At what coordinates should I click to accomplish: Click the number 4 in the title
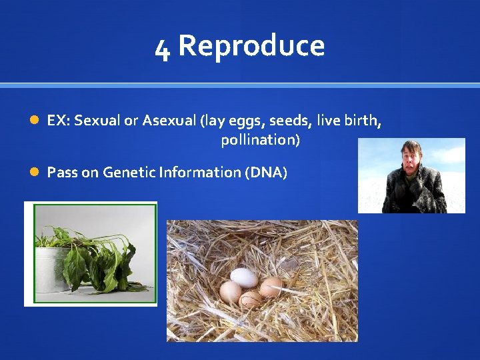(162, 48)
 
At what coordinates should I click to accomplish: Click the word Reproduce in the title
(251, 46)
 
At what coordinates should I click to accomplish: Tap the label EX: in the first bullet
(59, 121)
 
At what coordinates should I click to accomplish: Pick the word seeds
(289, 121)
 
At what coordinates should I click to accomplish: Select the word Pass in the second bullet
(62, 173)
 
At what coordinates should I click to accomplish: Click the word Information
(200, 173)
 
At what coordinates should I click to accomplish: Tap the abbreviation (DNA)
(266, 173)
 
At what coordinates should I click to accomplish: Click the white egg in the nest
(243, 277)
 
